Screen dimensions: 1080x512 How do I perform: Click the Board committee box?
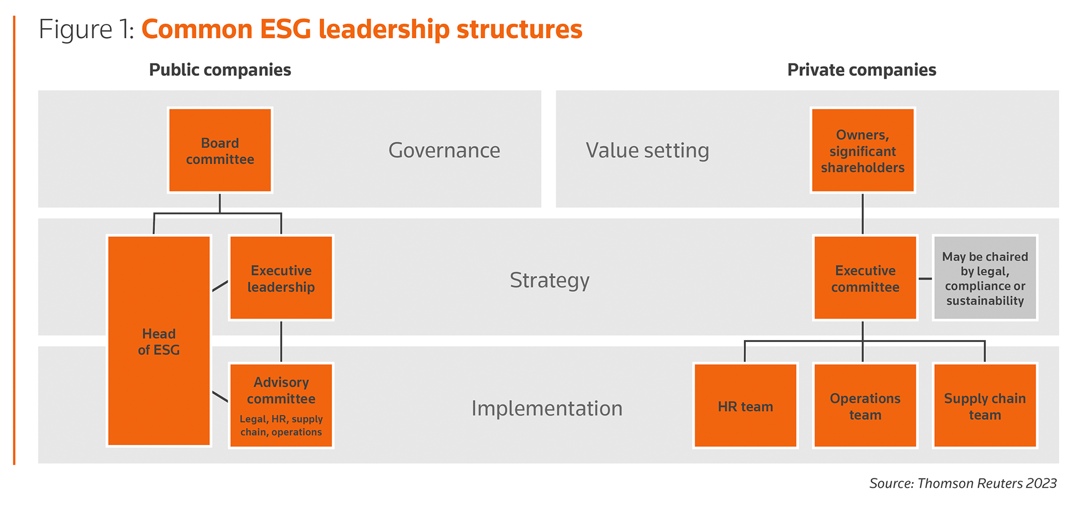[x=220, y=150]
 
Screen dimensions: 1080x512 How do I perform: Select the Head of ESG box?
[x=159, y=341]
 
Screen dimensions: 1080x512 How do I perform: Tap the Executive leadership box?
[x=281, y=278]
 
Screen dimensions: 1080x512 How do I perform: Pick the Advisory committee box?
[x=281, y=405]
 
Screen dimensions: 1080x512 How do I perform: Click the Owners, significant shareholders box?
[x=863, y=150]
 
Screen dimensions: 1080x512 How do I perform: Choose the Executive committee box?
[x=865, y=278]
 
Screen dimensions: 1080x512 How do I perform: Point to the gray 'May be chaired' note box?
[x=985, y=278]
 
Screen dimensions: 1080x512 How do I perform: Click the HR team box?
[x=745, y=405]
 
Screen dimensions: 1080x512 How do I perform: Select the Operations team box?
[x=865, y=405]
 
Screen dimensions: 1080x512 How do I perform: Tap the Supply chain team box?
[x=985, y=405]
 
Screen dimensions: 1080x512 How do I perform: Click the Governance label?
[x=444, y=151]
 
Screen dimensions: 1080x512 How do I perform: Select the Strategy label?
[x=550, y=280]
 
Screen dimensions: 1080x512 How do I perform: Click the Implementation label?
[x=547, y=409]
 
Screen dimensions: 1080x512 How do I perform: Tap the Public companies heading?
[x=220, y=70]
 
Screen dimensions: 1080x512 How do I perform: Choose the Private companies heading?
[x=862, y=70]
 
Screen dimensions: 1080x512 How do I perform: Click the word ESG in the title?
[x=285, y=29]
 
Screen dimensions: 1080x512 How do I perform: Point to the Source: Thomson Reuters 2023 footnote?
[x=963, y=483]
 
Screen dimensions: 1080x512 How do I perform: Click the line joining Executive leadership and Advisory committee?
[x=281, y=342]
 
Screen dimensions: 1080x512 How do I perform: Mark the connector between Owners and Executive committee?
[x=863, y=214]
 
